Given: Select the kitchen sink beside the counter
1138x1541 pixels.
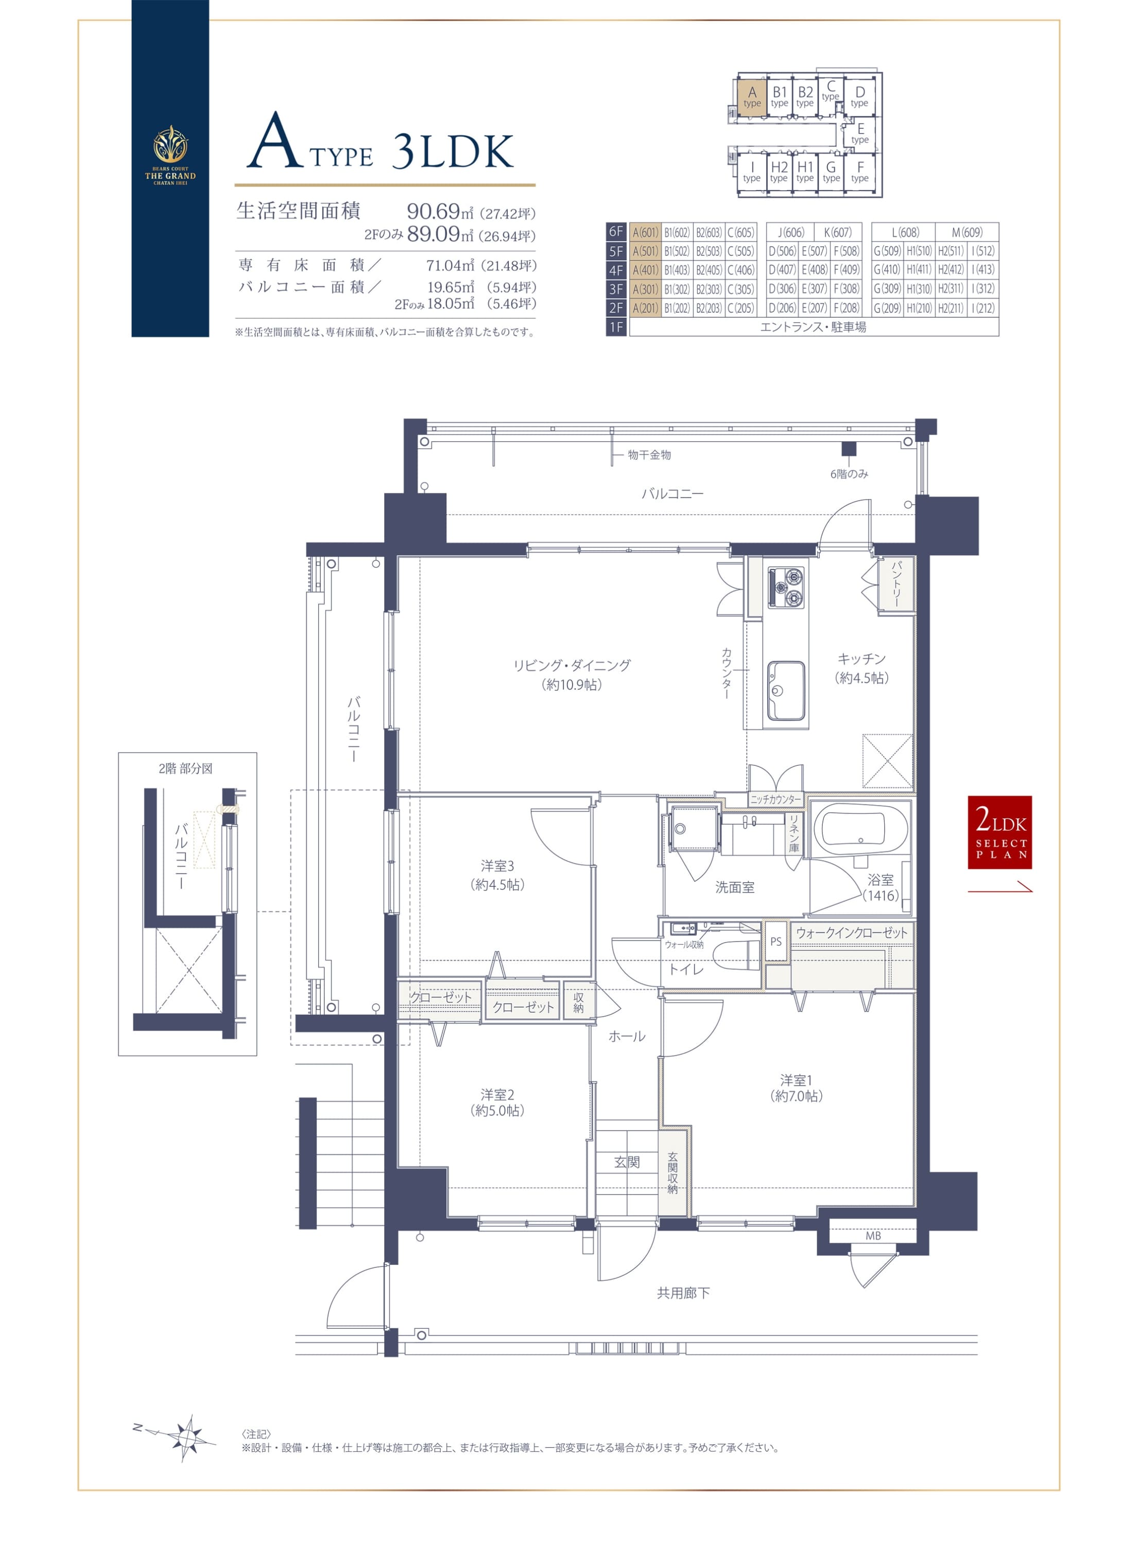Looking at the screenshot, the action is point(786,690).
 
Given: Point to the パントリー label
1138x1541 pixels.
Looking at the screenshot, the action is point(896,584).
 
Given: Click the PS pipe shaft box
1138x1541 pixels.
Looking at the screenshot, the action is point(777,941).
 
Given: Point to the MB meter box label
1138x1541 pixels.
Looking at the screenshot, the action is point(873,1236).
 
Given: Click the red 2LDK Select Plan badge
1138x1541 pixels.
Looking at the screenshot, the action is point(999,832).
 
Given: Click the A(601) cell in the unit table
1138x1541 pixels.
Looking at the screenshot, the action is point(645,232).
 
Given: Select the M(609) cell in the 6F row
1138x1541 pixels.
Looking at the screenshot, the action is point(967,232).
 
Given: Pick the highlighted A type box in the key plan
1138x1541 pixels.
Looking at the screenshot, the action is point(752,96).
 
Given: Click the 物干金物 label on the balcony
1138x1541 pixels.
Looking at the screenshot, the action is point(649,455).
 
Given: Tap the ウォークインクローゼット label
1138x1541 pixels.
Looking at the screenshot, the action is point(851,933).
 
